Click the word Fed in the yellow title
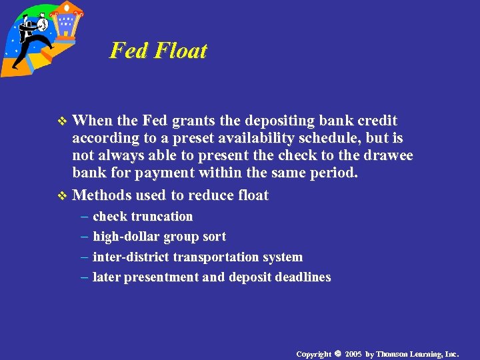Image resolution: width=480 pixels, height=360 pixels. [127, 51]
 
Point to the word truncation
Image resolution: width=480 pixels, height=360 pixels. [162, 217]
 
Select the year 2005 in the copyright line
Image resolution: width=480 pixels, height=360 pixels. [353, 353]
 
